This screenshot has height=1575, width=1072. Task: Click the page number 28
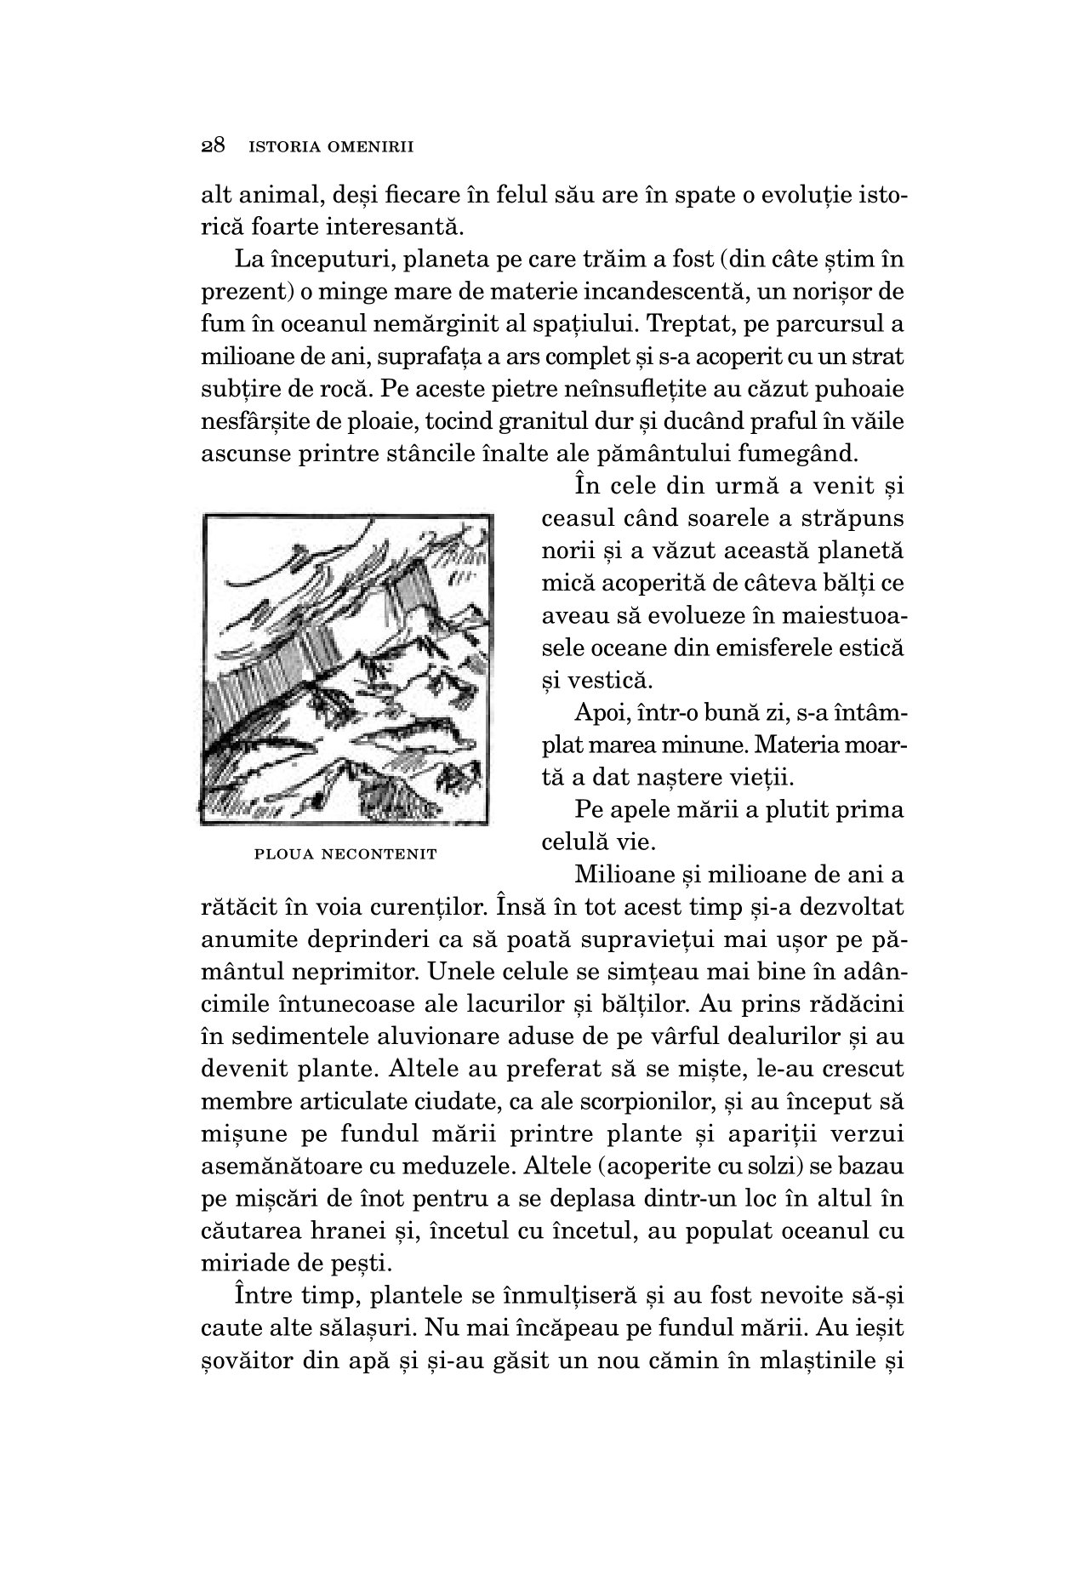tap(213, 146)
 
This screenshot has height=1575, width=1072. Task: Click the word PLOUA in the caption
tap(285, 853)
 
